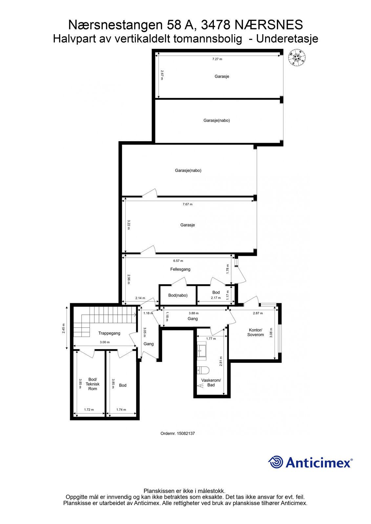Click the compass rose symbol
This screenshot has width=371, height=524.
click(297, 58)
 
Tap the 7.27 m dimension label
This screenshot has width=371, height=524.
click(217, 59)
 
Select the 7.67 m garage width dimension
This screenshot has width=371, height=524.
click(188, 204)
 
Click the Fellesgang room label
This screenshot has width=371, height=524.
click(180, 269)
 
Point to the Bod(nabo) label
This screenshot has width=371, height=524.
click(178, 295)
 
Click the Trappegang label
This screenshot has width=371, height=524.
click(109, 333)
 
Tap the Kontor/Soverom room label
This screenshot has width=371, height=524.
click(256, 332)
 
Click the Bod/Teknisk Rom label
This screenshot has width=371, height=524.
click(93, 384)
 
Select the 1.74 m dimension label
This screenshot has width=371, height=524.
click(121, 410)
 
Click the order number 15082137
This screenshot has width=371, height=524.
click(178, 433)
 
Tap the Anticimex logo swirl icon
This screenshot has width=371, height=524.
click(276, 462)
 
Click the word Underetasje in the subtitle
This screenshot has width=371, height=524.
click(287, 39)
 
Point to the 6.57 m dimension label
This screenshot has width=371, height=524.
click(178, 261)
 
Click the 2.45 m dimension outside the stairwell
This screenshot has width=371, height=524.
click(64, 328)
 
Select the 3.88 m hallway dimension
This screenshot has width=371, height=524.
click(194, 313)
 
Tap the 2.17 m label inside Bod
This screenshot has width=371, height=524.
click(216, 298)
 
